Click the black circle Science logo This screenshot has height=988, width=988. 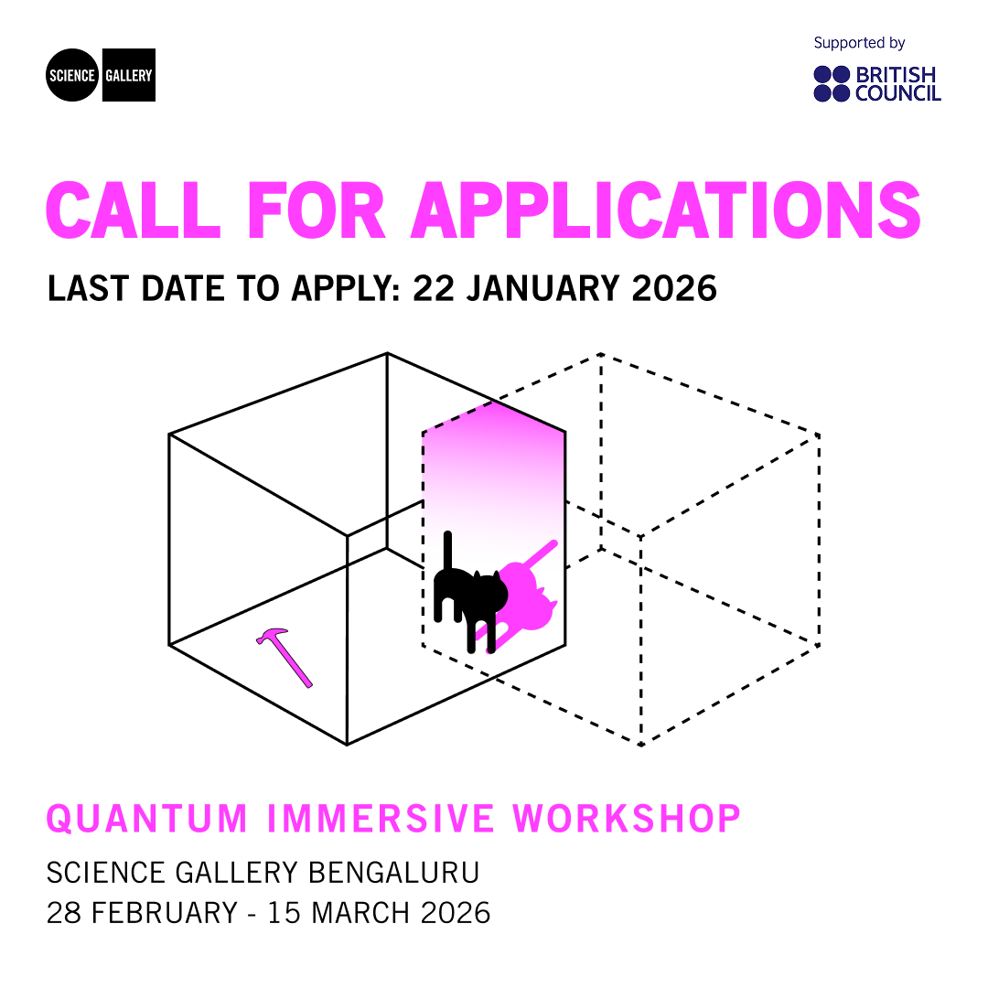click(72, 75)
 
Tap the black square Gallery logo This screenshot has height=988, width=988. click(128, 75)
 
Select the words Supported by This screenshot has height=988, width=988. click(859, 43)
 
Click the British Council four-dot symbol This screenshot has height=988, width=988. click(832, 83)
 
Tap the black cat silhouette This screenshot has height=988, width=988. click(470, 600)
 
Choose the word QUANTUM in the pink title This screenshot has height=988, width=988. click(147, 818)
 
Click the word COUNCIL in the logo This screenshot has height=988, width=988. click(897, 92)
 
